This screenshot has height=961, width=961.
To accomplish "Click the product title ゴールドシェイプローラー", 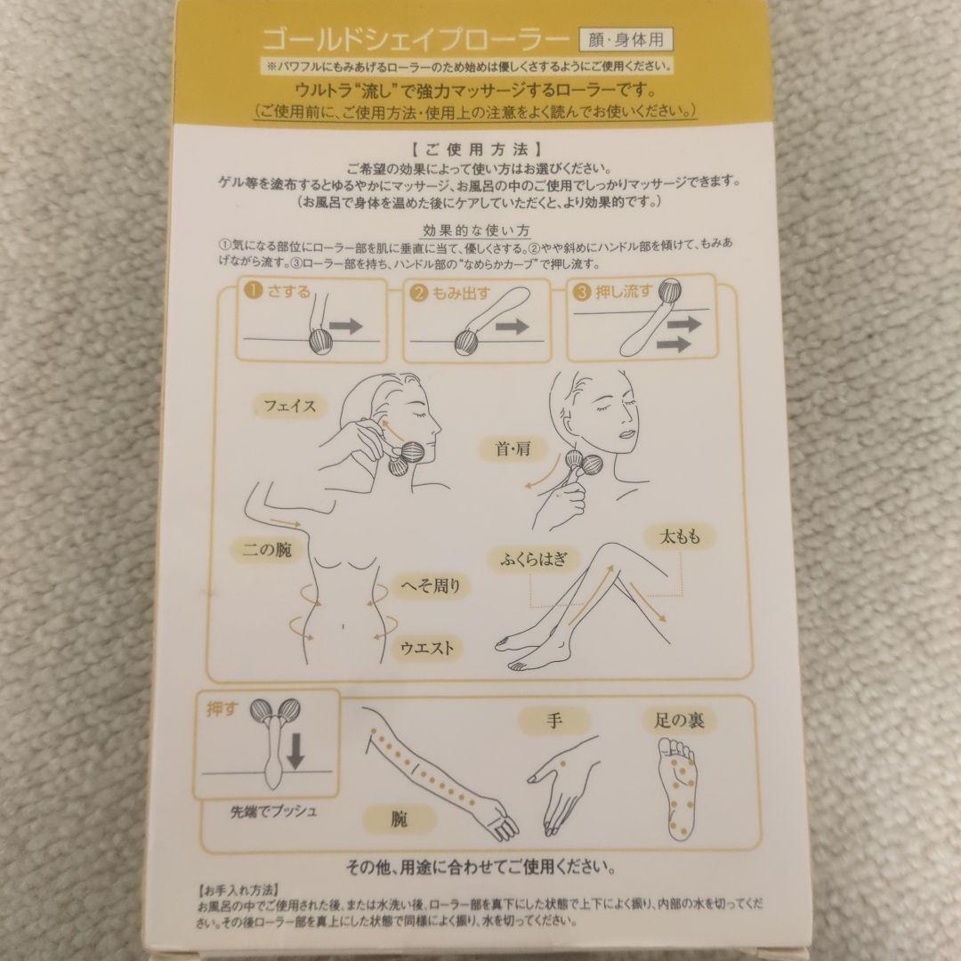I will click(x=415, y=40).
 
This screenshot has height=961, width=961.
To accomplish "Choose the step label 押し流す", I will click(x=619, y=292).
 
